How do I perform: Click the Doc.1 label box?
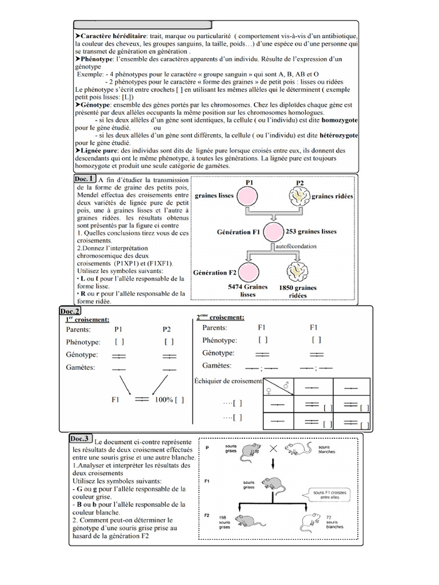pyautogui.click(x=84, y=179)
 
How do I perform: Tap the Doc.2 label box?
pyautogui.click(x=70, y=311)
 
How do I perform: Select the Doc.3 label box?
pyautogui.click(x=80, y=439)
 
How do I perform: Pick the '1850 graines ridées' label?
pyautogui.click(x=297, y=291)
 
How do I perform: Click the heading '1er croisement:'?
pyautogui.click(x=87, y=319)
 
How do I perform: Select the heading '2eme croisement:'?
pyautogui.click(x=220, y=317)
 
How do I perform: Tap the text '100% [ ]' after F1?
pyautogui.click(x=169, y=400)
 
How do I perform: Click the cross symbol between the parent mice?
pyautogui.click(x=274, y=449)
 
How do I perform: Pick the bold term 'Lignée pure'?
pyautogui.click(x=101, y=149)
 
